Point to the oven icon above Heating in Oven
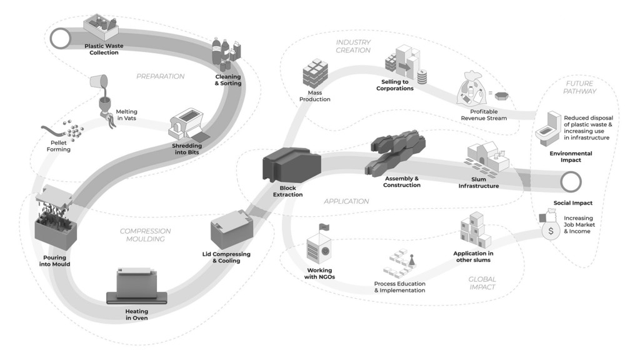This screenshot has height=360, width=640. [x=137, y=285]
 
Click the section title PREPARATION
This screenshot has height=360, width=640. [x=161, y=76]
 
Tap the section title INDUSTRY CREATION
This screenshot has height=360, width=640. [x=353, y=46]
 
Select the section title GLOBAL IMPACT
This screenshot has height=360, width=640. [x=481, y=283]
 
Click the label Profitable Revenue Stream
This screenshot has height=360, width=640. [x=479, y=114]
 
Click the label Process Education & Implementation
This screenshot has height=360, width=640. [x=399, y=287]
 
